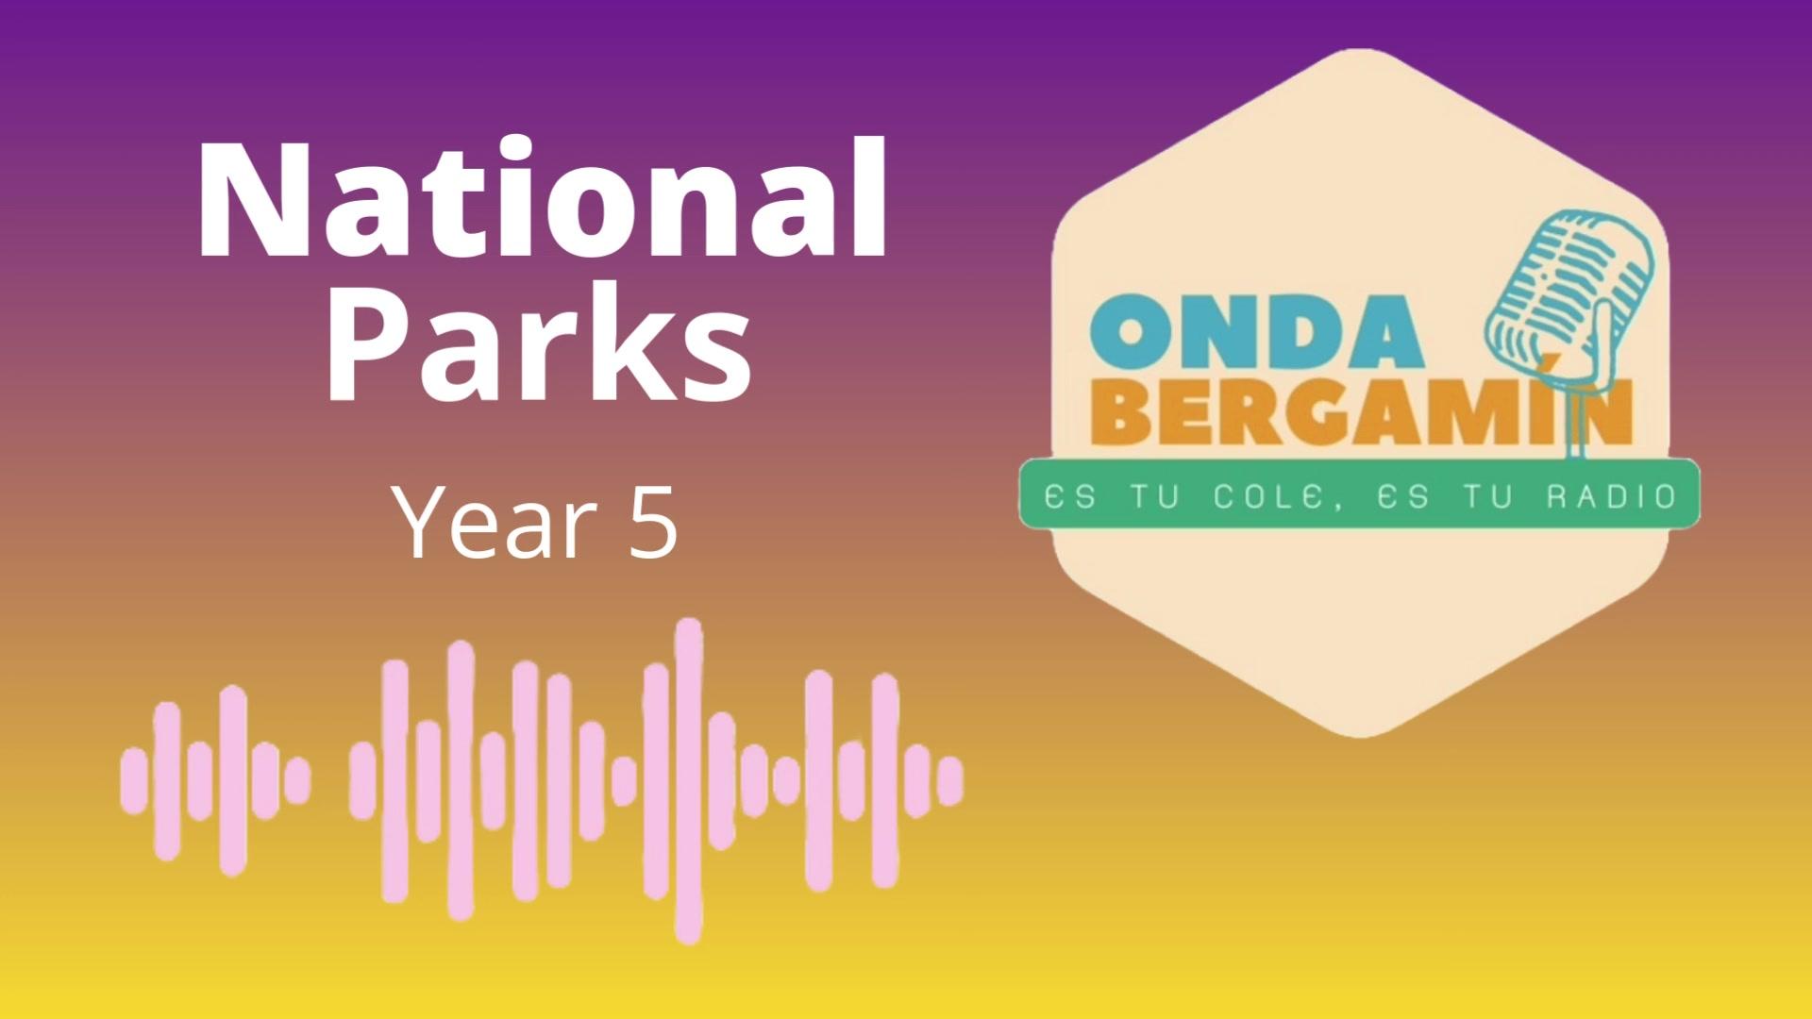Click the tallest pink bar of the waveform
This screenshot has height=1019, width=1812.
tap(689, 780)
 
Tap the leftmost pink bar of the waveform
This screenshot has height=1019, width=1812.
tap(135, 780)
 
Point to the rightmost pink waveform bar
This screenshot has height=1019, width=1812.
tap(949, 780)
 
